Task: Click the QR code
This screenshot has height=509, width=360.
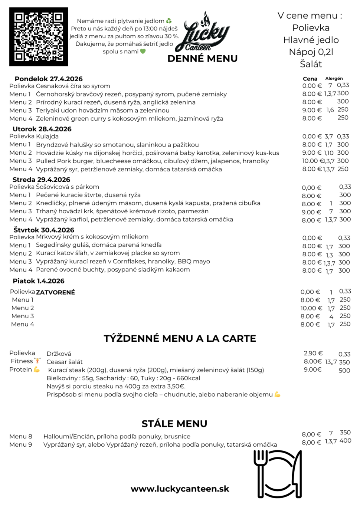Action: pyautogui.click(x=39, y=37)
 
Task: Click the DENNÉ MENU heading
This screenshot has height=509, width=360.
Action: pyautogui.click(x=202, y=59)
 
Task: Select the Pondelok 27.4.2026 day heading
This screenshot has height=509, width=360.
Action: pyautogui.click(x=49, y=79)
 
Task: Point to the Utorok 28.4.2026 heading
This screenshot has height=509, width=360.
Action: pyautogui.click(x=42, y=129)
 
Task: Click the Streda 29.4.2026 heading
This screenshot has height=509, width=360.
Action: pyautogui.click(x=41, y=180)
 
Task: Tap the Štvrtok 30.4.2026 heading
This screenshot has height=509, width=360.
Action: pyautogui.click(x=44, y=230)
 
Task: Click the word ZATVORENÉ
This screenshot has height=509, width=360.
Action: pyautogui.click(x=55, y=292)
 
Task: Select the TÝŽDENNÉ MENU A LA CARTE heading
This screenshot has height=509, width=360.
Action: pyautogui.click(x=180, y=338)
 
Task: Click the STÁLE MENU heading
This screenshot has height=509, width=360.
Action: pyautogui.click(x=174, y=424)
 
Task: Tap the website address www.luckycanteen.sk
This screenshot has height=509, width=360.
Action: pyautogui.click(x=180, y=489)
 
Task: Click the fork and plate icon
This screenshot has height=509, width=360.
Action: pyautogui.click(x=278, y=474)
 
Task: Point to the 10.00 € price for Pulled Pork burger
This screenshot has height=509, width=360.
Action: pyautogui.click(x=312, y=161)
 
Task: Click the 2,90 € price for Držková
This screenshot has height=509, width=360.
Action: pyautogui.click(x=313, y=353)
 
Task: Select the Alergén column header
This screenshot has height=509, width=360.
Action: pyautogui.click(x=334, y=79)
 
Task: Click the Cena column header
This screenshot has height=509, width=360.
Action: pyautogui.click(x=310, y=79)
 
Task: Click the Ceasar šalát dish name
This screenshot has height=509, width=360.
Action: pyautogui.click(x=65, y=362)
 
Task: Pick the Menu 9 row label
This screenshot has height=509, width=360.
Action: pyautogui.click(x=21, y=444)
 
